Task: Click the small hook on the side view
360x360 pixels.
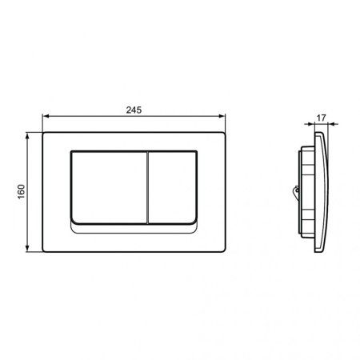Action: point(298,190)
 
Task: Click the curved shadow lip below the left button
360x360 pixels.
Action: point(112,228)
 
